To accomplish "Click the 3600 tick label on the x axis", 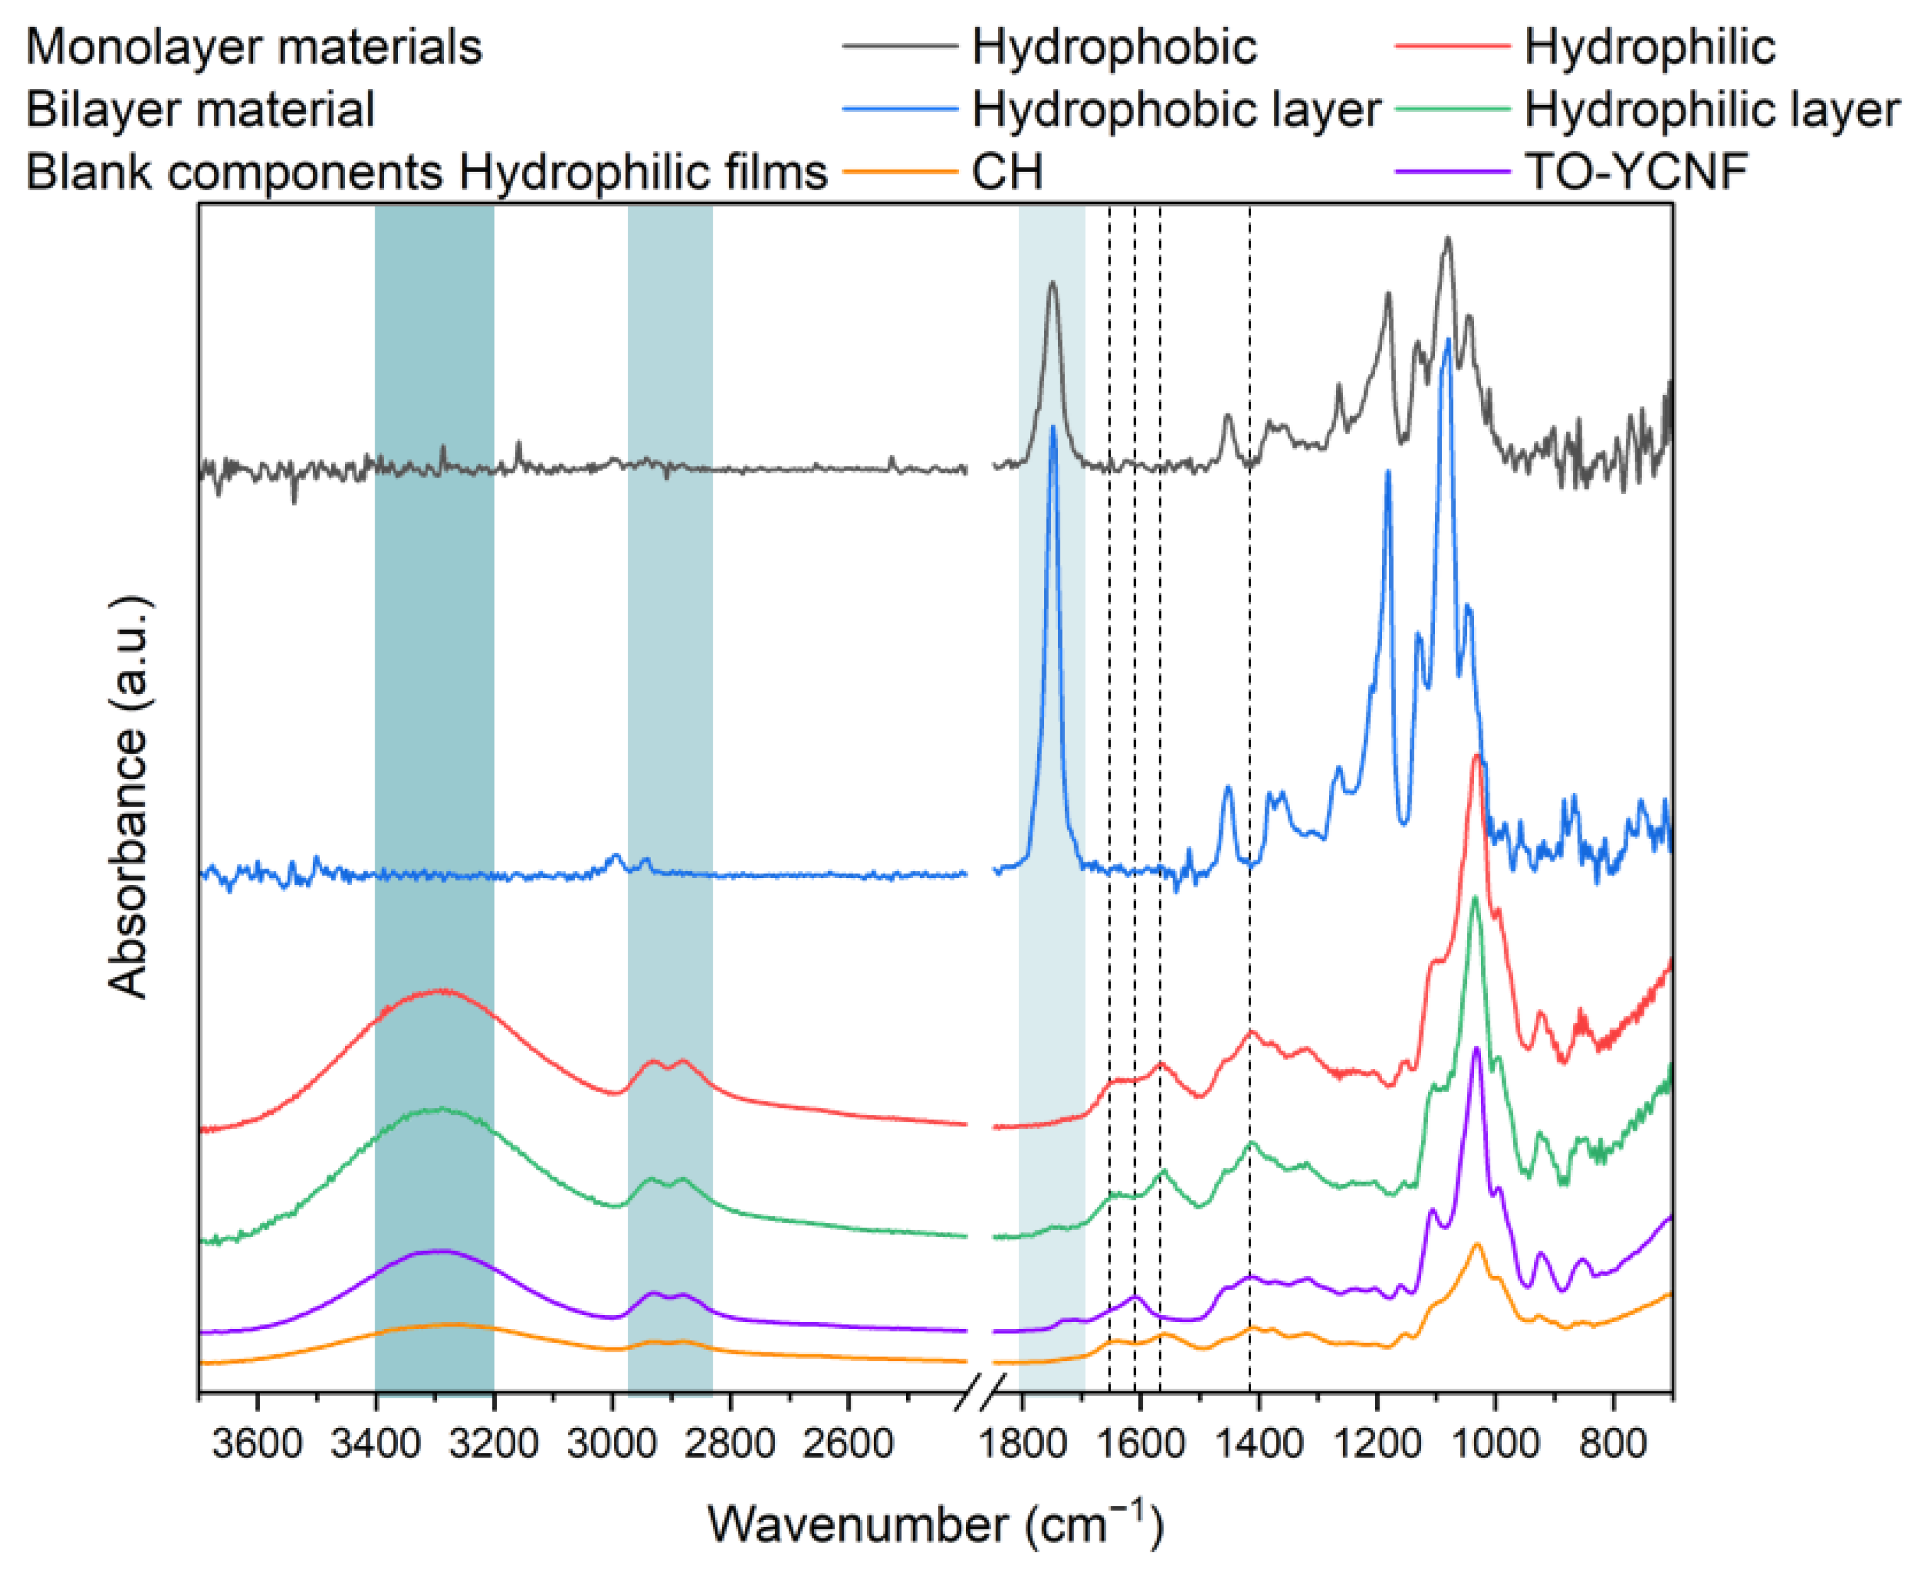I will pyautogui.click(x=258, y=1444).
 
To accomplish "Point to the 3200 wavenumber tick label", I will pyautogui.click(x=494, y=1444).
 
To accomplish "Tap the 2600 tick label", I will pyautogui.click(x=848, y=1444).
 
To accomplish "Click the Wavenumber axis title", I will pyautogui.click(x=935, y=1524).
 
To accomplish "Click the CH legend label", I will pyautogui.click(x=1007, y=172).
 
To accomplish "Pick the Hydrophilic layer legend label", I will pyautogui.click(x=1711, y=110).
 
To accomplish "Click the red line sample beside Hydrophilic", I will pyautogui.click(x=1452, y=45).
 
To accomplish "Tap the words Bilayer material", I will pyautogui.click(x=200, y=110).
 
